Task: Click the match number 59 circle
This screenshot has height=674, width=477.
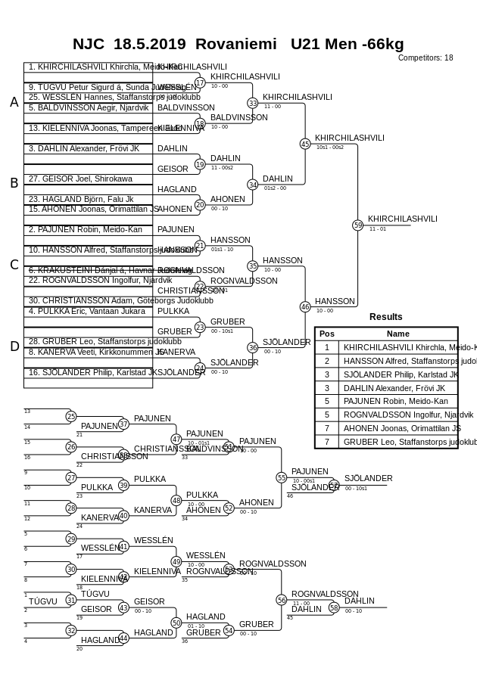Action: pyautogui.click(x=358, y=225)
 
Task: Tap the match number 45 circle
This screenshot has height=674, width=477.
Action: pyautogui.click(x=305, y=144)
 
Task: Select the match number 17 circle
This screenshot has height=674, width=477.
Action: pyautogui.click(x=200, y=82)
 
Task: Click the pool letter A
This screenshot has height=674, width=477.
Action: pyautogui.click(x=14, y=102)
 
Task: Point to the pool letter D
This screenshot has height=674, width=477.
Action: pyautogui.click(x=14, y=346)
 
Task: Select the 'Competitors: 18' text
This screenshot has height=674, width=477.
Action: pyautogui.click(x=426, y=57)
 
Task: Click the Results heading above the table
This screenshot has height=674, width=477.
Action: pyautogui.click(x=386, y=317)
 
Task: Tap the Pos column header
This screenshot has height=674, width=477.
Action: pyautogui.click(x=327, y=334)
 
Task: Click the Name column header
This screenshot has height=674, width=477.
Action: pyautogui.click(x=397, y=334)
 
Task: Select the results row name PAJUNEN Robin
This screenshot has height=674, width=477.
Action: pyautogui.click(x=395, y=401)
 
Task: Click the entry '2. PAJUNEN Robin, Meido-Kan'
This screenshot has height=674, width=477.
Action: pyautogui.click(x=85, y=229)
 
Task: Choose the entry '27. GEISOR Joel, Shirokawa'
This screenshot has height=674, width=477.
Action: pyautogui.click(x=80, y=179)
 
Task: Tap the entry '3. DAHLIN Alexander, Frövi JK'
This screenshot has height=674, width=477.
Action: pyautogui.click(x=83, y=148)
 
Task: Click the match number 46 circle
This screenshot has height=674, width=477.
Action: pyautogui.click(x=305, y=306)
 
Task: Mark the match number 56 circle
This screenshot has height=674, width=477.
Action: pyautogui.click(x=282, y=600)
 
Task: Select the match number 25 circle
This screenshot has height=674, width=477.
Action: pyautogui.click(x=71, y=416)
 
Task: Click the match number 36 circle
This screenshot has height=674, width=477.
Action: pyautogui.click(x=253, y=347)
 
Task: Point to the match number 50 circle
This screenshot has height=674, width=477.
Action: pyautogui.click(x=176, y=623)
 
